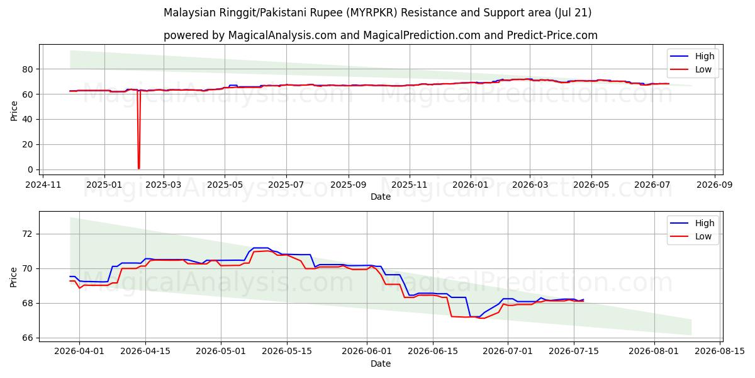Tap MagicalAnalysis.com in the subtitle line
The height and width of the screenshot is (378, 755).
pos(282,35)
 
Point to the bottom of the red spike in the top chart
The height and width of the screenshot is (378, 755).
pos(138,168)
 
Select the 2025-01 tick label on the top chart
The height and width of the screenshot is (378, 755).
pos(104,185)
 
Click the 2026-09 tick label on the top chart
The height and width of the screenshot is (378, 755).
pos(715,185)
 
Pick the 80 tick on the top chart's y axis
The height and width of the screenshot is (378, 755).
pos(28,69)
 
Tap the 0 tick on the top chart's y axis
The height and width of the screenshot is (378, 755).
pos(30,169)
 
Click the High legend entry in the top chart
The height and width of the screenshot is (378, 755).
pos(692,56)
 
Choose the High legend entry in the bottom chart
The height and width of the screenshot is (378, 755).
pos(692,223)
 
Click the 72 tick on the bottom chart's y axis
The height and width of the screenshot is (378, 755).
pos(28,234)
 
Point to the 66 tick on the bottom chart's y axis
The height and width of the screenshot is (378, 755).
pos(28,338)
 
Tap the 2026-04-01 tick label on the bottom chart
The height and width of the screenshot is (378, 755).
pos(79,352)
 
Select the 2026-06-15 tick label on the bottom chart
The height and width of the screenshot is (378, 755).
pos(433,352)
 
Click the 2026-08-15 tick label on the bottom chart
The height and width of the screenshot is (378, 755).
pos(720,352)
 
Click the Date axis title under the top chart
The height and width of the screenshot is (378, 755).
pos(381,197)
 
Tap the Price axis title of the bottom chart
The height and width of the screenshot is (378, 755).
pos(13,277)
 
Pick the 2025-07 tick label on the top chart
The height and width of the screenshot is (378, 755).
pos(286,185)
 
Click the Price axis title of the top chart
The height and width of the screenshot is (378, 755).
pos(13,111)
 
